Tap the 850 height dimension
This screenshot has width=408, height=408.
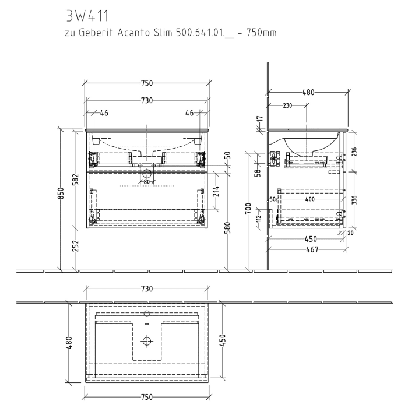pyautogui.click(x=60, y=198)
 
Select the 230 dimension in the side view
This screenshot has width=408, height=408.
pyautogui.click(x=287, y=105)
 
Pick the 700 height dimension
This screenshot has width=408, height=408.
pyautogui.click(x=248, y=207)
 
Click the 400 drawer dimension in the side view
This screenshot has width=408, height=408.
pyautogui.click(x=309, y=199)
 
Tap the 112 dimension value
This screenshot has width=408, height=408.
pyautogui.click(x=258, y=219)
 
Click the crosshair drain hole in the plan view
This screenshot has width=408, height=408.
pyautogui.click(x=146, y=340)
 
